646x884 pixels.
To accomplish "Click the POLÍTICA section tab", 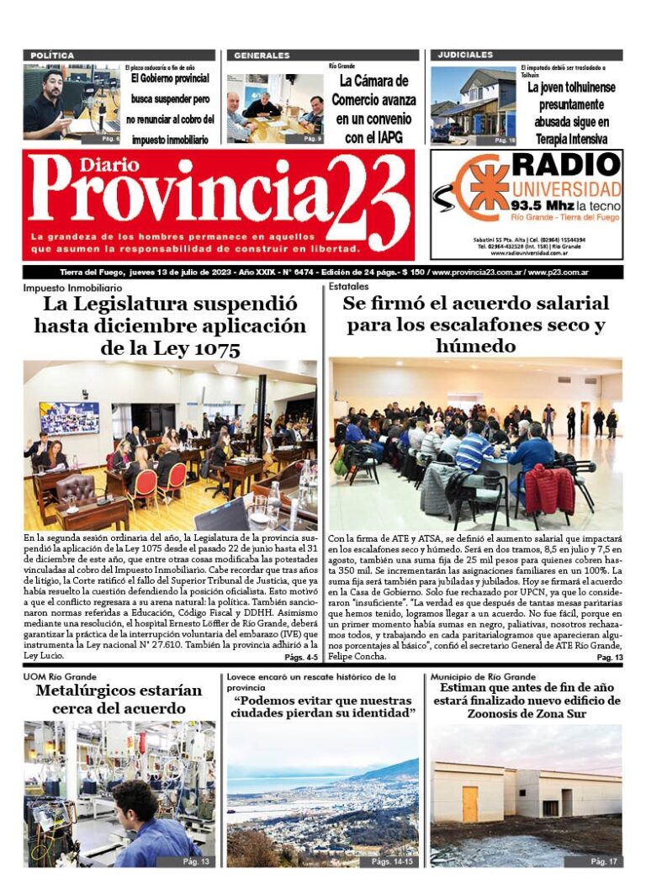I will point(52,56).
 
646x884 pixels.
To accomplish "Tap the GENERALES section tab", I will point(262,56).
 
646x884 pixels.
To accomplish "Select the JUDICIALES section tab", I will point(465,56).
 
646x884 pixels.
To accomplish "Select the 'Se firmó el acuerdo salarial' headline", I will point(475,325).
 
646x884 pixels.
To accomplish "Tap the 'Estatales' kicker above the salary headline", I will point(349,287).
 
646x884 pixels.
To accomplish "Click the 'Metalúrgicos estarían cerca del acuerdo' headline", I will point(119,700).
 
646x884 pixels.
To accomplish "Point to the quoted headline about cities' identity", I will point(325,707).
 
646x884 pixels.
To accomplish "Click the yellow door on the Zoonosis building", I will point(469,803).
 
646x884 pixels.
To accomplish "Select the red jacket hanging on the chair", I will point(548,489).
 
